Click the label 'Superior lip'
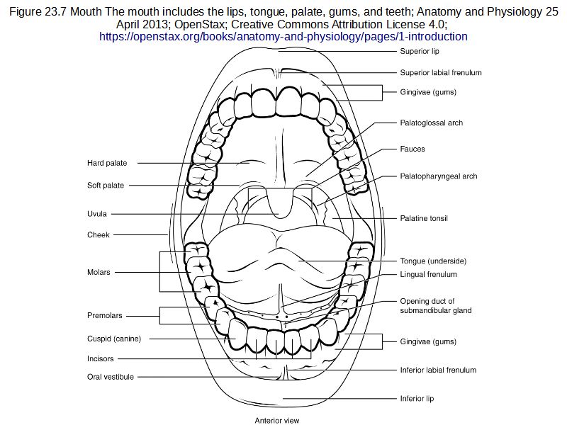point(419,52)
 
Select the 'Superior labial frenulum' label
point(441,72)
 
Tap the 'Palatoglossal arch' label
point(431,123)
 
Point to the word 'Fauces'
point(412,149)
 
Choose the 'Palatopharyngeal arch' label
point(438,176)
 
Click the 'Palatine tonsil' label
point(424,218)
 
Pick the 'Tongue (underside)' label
point(433,261)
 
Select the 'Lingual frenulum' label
point(428,274)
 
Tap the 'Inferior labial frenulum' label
point(438,370)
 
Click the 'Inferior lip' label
point(417,399)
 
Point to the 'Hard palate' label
point(107,163)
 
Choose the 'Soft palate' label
point(106,186)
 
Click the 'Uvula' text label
point(97,214)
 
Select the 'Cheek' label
point(99,235)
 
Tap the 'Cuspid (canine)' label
point(114,339)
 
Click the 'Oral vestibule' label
point(111,377)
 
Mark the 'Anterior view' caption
point(277,420)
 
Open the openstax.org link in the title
point(283,36)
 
